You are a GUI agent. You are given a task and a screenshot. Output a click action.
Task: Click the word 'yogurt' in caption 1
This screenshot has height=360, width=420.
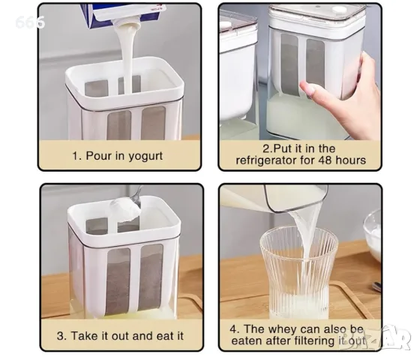point(145,156)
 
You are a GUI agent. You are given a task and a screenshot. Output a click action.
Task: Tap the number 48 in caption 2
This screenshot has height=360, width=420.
point(325,160)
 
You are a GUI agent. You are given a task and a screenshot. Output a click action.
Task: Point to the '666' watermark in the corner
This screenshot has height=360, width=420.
point(30,22)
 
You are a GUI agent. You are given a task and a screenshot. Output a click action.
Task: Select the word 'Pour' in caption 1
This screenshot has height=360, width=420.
point(97,156)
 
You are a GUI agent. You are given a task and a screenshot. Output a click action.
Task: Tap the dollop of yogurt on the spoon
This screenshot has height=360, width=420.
point(125,209)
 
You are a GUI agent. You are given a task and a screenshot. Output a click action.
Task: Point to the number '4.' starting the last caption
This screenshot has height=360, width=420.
point(235,329)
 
